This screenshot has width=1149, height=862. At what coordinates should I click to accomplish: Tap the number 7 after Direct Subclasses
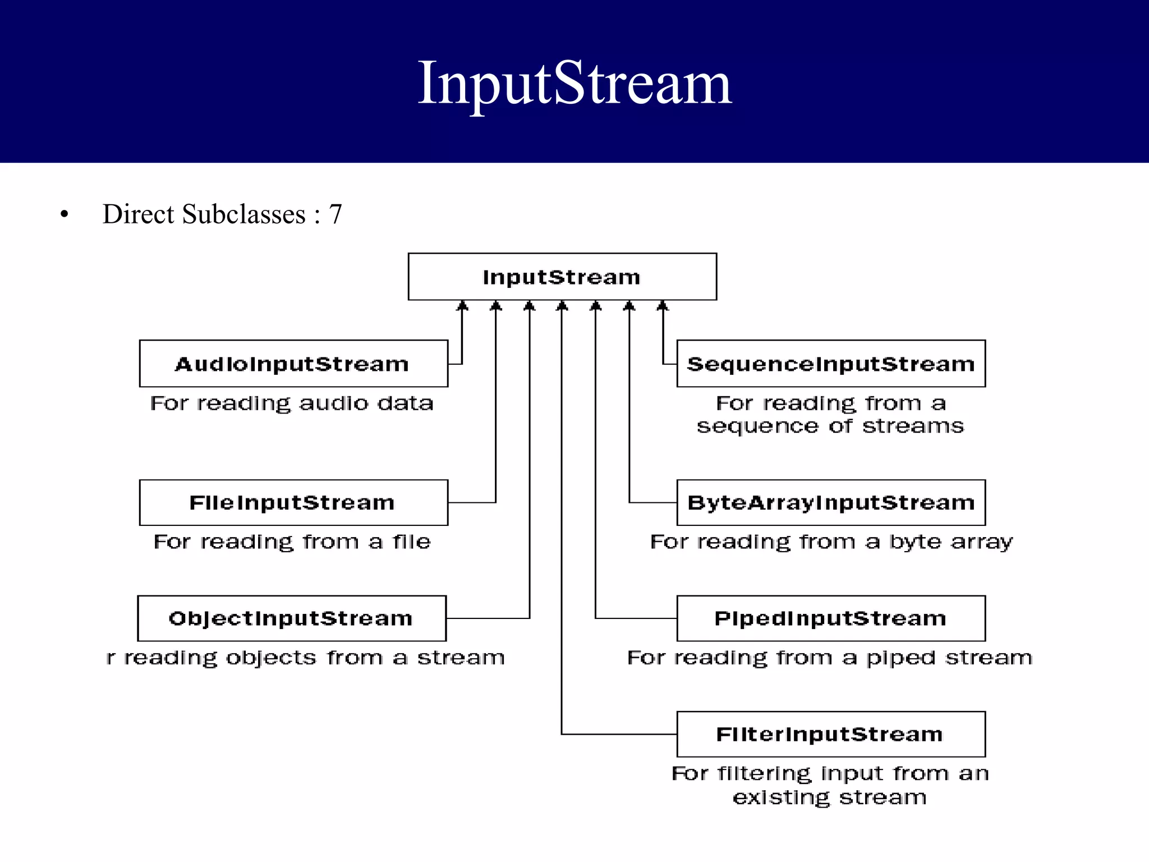[335, 214]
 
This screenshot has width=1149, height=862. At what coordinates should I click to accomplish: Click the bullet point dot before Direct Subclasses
[65, 214]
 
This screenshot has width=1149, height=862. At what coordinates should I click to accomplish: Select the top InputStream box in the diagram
[562, 277]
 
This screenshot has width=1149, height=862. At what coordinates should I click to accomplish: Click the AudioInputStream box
[293, 364]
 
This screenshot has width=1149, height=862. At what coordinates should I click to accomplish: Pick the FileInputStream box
[293, 502]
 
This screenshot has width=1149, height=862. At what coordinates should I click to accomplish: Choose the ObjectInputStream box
[292, 618]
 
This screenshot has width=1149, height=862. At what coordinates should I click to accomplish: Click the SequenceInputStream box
[831, 364]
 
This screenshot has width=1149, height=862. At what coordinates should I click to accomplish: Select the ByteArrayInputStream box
[831, 502]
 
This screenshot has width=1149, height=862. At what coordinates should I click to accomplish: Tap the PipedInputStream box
[831, 618]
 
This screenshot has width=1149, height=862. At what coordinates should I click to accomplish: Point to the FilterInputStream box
[831, 734]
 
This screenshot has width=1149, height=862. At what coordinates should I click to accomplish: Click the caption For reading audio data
[292, 404]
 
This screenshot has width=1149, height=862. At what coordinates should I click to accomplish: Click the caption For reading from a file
[292, 542]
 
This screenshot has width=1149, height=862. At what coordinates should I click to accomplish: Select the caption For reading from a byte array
[831, 542]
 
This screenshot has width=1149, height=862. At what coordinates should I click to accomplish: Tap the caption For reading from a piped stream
[830, 658]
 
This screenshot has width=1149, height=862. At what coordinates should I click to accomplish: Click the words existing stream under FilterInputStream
[830, 797]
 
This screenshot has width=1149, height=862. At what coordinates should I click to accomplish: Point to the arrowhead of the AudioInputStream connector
[462, 306]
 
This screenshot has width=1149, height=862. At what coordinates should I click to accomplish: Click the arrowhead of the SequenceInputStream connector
[663, 306]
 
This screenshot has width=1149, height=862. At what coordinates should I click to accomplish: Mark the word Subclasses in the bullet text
[243, 214]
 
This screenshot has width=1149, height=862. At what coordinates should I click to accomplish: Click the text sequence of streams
[830, 427]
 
